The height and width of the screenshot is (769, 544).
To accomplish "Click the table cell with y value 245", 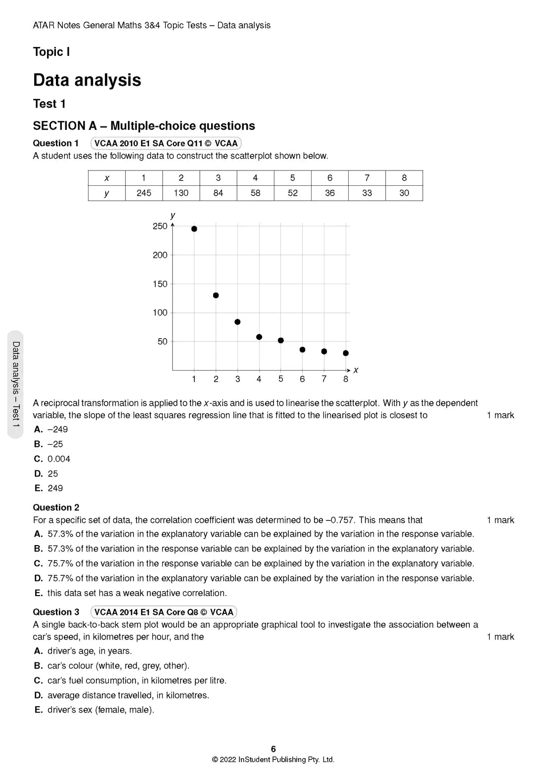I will [144, 193].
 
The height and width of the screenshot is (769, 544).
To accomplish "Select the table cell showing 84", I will [218, 193].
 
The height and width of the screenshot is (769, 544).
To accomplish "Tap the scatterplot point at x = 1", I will [194, 229].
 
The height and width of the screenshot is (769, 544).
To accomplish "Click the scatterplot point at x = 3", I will [237, 322].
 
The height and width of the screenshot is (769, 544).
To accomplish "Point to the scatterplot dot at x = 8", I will [346, 353].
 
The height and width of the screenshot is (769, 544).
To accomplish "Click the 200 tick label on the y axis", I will [160, 255].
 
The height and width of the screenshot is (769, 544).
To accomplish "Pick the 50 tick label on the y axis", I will [163, 342].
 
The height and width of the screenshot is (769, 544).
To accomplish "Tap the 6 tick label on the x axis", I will [302, 379].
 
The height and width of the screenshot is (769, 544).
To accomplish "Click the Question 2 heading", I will [56, 508].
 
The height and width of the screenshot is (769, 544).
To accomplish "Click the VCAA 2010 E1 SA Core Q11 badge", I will [166, 143].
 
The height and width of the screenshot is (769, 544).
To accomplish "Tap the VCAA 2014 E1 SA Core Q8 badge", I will [164, 612].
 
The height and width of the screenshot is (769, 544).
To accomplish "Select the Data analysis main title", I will [87, 80].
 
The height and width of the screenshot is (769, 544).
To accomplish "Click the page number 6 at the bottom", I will [273, 749].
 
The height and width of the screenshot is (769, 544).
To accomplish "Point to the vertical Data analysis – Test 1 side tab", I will [16, 384].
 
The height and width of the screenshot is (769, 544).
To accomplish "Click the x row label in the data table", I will [107, 178].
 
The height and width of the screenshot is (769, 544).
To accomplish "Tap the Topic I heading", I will [51, 52].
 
